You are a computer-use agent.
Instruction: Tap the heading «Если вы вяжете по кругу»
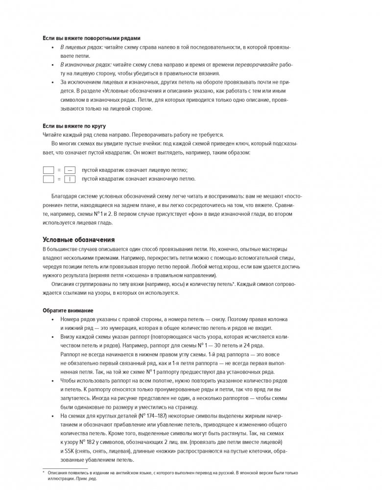[74, 126]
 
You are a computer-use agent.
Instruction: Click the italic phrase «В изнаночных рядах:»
[81, 65]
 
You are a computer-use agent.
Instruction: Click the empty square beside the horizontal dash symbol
[48, 170]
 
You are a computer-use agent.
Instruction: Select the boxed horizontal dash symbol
[70, 170]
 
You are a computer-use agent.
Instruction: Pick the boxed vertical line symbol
[70, 179]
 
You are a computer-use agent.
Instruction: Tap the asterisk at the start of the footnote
[44, 473]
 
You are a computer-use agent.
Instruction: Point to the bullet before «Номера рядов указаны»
[53, 319]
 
